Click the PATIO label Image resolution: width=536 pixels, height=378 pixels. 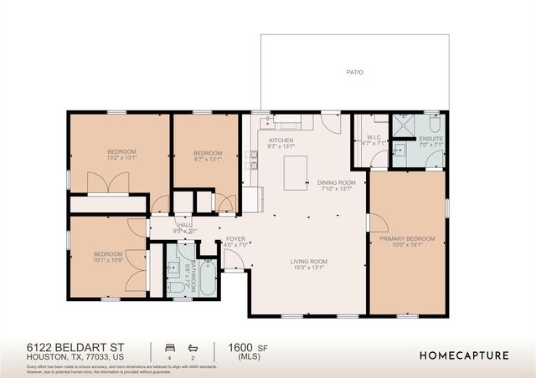pyautogui.click(x=355, y=73)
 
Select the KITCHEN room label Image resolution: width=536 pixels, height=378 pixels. pyautogui.click(x=280, y=140)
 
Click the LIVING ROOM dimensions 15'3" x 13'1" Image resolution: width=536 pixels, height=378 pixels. pyautogui.click(x=308, y=269)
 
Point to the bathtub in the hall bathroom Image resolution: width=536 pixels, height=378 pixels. pyautogui.click(x=208, y=274)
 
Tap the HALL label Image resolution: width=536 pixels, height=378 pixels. pyautogui.click(x=185, y=224)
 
